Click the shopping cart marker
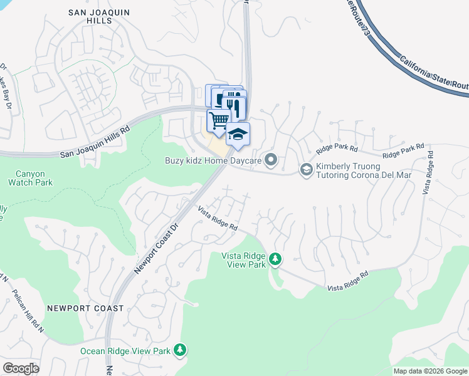pos(219,120)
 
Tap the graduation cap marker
pos(238,134)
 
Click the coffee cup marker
pos(215,96)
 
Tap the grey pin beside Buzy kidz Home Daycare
pos(271,160)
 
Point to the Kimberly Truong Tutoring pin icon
pos(306,169)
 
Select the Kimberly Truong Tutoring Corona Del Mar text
pos(364,170)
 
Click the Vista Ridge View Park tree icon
pos(275,259)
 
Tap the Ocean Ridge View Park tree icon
pos(181,350)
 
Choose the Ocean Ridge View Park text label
pos(125,351)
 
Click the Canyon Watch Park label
pos(30,178)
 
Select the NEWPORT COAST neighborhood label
pos(85,308)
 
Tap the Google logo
pos(21,368)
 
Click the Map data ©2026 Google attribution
pos(429,371)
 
